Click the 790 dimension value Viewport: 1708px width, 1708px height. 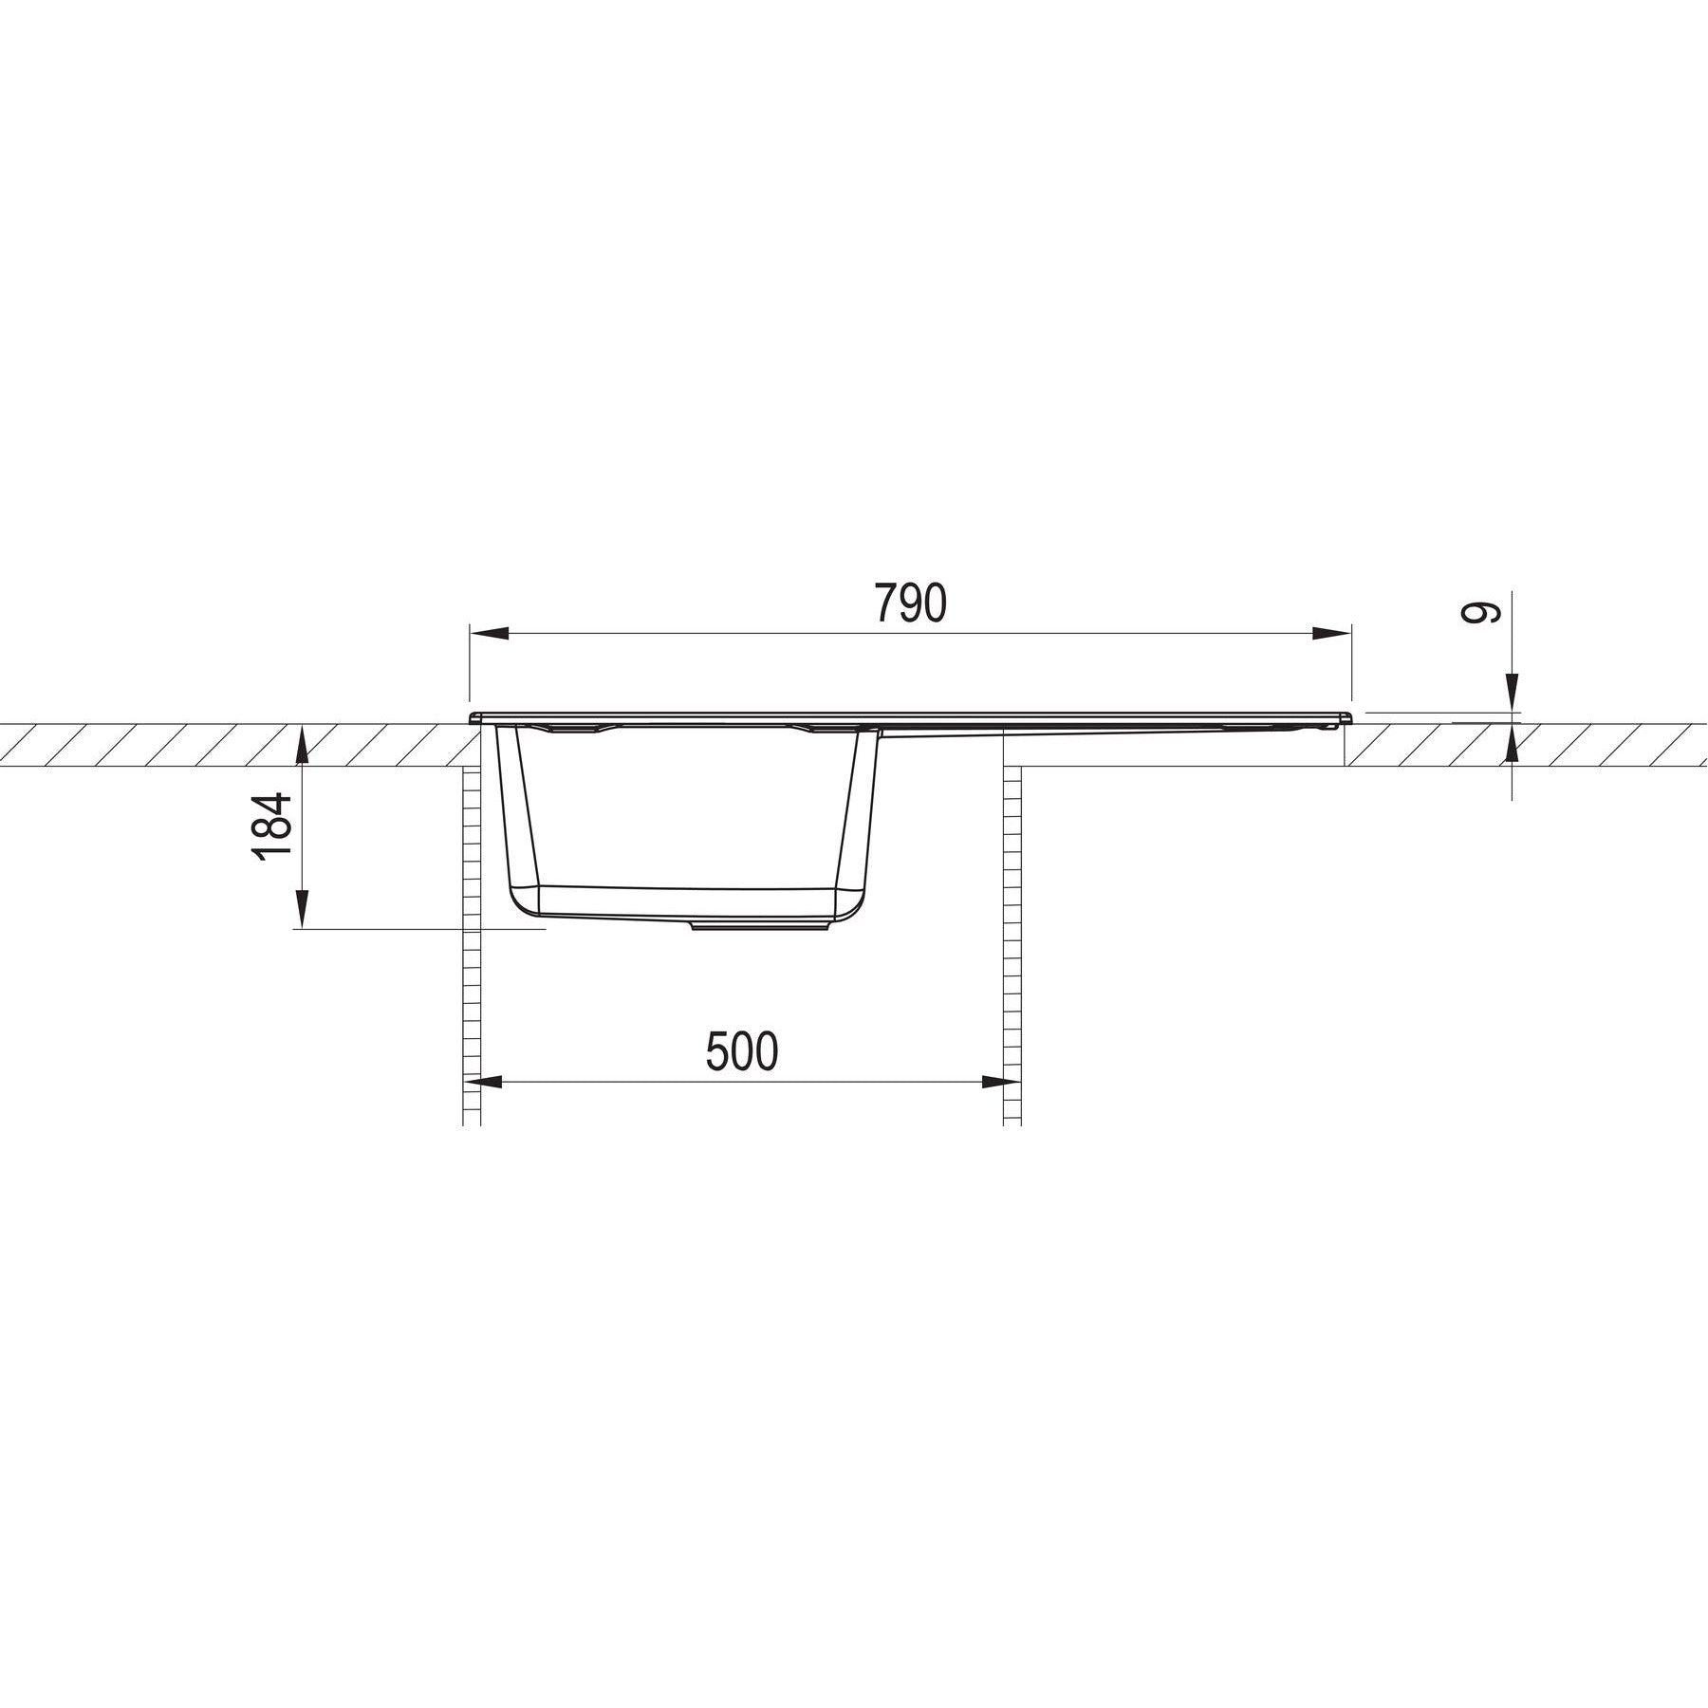909,603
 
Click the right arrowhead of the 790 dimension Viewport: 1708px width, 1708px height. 1331,635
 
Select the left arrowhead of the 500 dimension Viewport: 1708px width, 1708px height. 493,1082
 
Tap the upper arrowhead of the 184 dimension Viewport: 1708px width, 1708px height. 301,746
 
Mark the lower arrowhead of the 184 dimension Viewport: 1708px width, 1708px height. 301,909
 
